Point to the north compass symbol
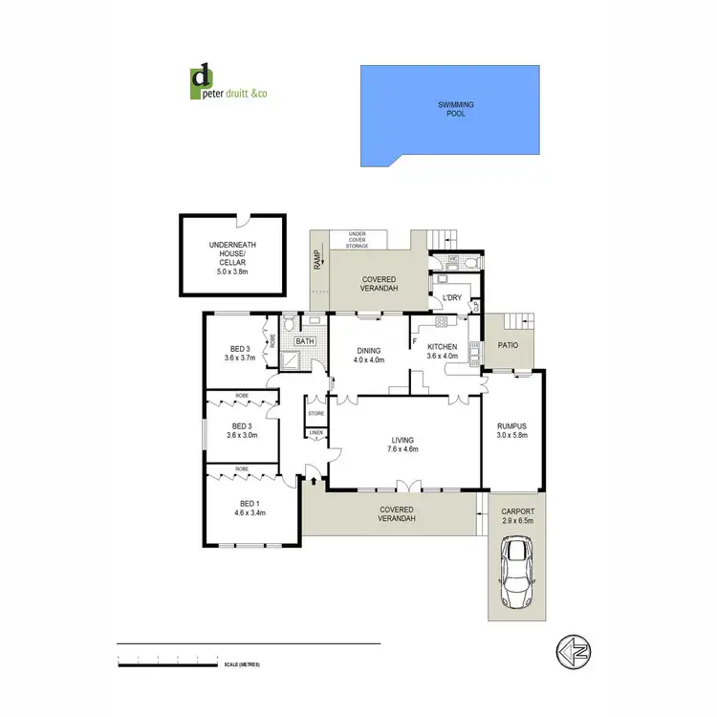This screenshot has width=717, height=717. click(571, 652)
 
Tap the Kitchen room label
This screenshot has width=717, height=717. click(442, 351)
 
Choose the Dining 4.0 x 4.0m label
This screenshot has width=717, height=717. click(368, 356)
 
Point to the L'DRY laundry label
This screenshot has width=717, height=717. click(450, 298)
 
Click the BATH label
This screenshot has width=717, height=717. click(305, 341)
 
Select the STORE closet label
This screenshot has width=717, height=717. click(315, 414)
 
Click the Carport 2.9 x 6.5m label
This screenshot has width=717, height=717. click(518, 516)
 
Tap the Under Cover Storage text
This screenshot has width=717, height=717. click(358, 240)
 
